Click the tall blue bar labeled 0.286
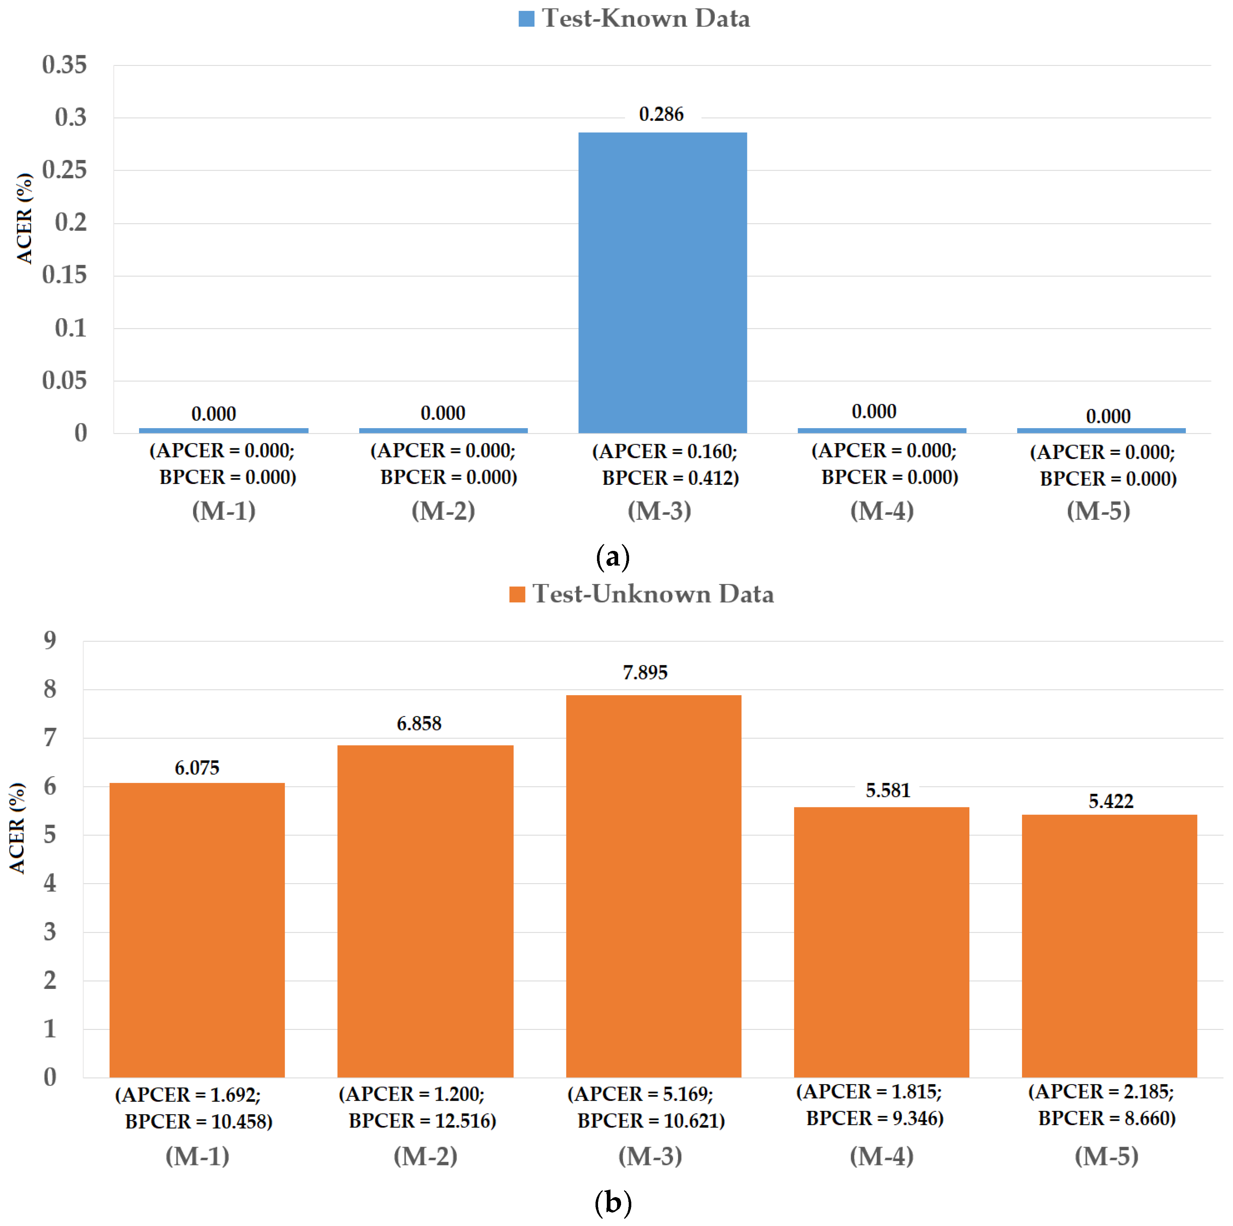coord(662,282)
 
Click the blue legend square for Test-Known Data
coord(526,19)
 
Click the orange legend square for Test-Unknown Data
coord(517,594)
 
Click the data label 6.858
coord(419,723)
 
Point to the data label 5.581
coord(888,791)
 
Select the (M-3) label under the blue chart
coord(659,511)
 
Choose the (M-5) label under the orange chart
coord(1107,1156)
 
